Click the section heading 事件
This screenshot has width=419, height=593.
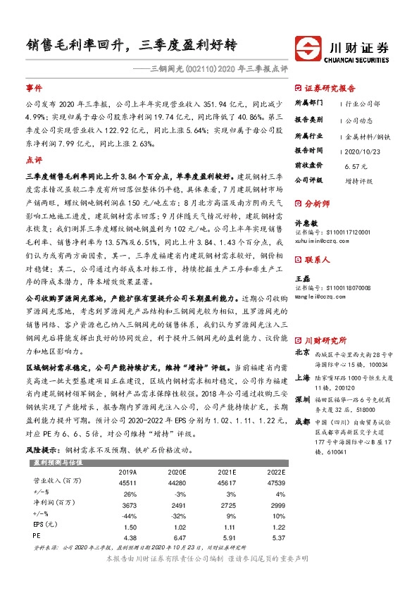[x=34, y=89]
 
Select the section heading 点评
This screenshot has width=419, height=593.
[x=34, y=160]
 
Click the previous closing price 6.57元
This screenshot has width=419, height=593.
[x=356, y=166]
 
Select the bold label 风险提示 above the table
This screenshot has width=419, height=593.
[x=42, y=449]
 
